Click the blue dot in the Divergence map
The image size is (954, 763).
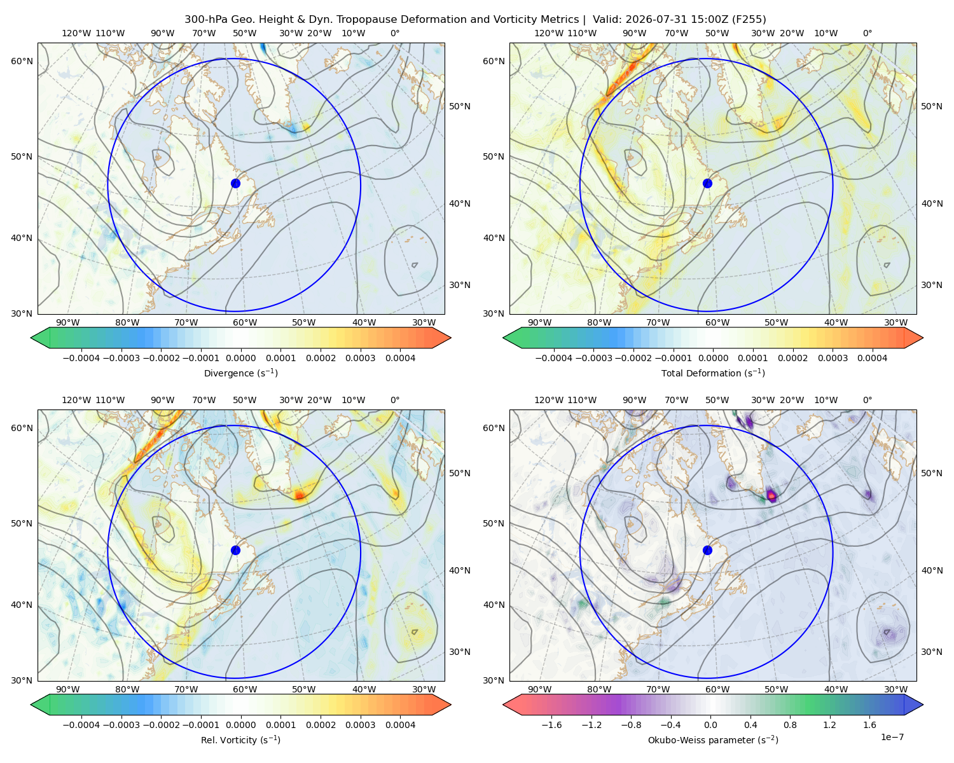[x=235, y=183]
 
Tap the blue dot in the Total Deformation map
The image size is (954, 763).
[x=707, y=183]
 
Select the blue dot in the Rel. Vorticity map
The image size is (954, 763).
[x=235, y=550]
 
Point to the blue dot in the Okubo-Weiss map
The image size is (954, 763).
[x=707, y=550]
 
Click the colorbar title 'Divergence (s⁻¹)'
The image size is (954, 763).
[x=240, y=373]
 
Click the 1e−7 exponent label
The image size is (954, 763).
[x=892, y=737]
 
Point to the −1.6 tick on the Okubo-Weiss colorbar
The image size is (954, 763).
[x=551, y=725]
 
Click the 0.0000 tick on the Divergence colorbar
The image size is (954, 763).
[x=240, y=358]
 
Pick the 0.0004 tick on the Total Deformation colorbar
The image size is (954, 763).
[x=872, y=358]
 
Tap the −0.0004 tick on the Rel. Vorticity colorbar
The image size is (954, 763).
[x=81, y=725]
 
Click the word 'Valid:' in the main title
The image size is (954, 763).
[x=607, y=20]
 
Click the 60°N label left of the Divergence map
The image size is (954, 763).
[x=22, y=61]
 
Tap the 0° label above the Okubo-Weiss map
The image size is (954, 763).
[x=867, y=400]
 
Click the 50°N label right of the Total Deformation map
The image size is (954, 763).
[x=932, y=106]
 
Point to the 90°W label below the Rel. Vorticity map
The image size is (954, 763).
[x=68, y=689]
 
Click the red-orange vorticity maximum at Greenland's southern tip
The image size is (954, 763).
[x=300, y=495]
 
